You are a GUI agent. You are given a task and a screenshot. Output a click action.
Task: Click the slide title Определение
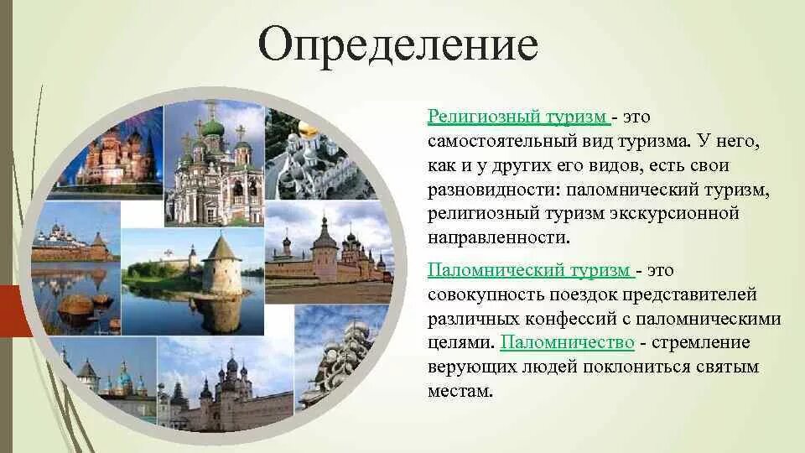398,44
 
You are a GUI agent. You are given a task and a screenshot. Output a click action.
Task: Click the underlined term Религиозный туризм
518,117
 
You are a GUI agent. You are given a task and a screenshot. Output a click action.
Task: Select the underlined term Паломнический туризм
531,270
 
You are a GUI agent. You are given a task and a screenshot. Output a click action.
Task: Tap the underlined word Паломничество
568,342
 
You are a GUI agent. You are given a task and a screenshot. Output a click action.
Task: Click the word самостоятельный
502,141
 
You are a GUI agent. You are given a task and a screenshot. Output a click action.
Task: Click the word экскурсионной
674,214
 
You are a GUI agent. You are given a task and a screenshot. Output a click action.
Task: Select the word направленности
498,238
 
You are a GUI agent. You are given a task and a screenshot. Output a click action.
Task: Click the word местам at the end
460,392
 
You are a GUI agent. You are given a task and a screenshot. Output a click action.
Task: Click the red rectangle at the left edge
14,310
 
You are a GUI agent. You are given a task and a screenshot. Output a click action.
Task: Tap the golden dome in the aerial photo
306,128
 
